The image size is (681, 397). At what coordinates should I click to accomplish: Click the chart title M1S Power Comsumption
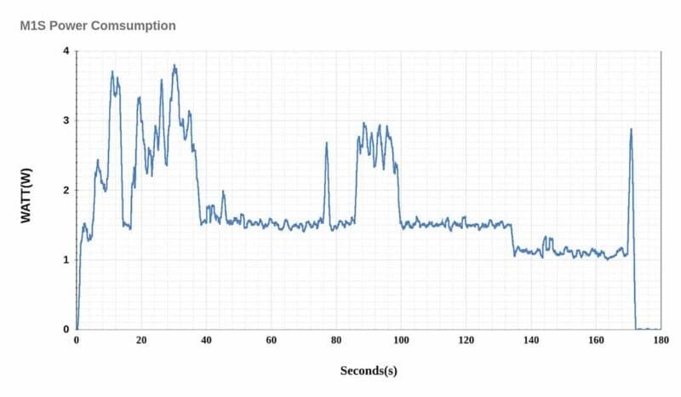coord(98,26)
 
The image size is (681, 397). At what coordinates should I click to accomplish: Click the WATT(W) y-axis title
coord(26,190)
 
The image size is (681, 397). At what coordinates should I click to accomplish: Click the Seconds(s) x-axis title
coord(369,371)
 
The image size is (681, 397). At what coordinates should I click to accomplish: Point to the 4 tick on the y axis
coord(66,51)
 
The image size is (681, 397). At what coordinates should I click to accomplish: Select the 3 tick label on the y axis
coord(66,121)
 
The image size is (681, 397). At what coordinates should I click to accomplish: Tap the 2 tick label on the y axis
coord(66,190)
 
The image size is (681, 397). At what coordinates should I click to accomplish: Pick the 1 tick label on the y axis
coord(66,259)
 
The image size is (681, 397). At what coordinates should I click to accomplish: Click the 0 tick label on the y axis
coord(66,329)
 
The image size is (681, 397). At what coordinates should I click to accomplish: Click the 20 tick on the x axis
coord(141,340)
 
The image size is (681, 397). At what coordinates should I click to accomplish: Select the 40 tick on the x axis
coord(206,340)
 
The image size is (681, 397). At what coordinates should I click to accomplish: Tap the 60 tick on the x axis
coord(272,340)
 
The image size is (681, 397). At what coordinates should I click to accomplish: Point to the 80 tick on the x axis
coord(336,340)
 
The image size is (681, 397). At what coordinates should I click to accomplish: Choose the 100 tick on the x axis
coord(401,340)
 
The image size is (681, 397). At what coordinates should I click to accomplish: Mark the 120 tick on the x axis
coord(466,340)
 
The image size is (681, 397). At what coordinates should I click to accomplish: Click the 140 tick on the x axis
coord(531,340)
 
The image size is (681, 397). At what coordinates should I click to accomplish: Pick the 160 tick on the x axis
coord(596,340)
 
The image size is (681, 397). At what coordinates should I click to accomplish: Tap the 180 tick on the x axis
coord(661,340)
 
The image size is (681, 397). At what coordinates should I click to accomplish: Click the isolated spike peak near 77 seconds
coord(327,143)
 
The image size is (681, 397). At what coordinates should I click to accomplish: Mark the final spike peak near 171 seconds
coord(631,129)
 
